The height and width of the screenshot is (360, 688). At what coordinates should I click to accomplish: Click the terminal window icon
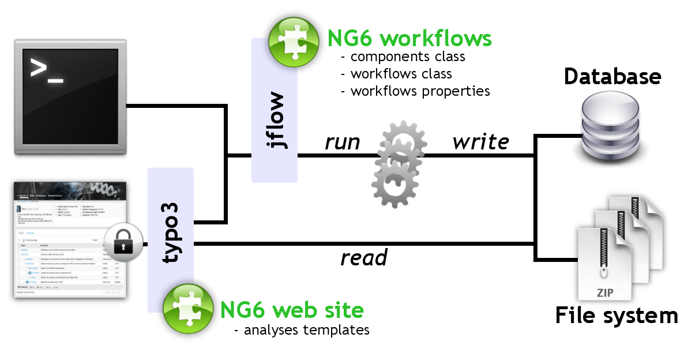coord(70,96)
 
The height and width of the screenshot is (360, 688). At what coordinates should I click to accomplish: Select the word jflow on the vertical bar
coord(276,119)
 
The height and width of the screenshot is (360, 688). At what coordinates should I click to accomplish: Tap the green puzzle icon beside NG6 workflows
coord(294,42)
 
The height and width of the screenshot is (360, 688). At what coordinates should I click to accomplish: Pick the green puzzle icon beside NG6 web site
coord(187,309)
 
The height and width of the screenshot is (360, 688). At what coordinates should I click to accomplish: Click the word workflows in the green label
coord(437,39)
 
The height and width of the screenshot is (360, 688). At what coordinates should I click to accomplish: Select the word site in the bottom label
coord(343,310)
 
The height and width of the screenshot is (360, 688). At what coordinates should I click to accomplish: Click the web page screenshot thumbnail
coord(70,239)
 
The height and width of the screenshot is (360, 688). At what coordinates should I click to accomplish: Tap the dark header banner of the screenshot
coord(70,191)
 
